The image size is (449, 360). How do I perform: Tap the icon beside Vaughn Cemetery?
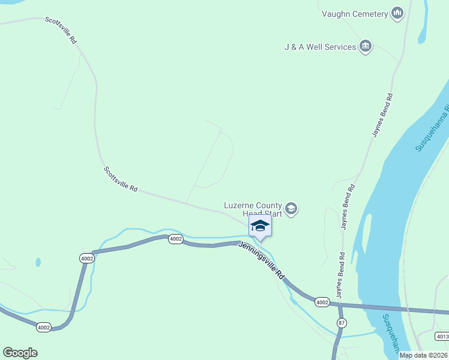397,13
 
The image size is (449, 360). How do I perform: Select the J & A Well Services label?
320,47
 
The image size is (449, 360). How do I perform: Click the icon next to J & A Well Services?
366,46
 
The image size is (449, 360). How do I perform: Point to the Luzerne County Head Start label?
253,209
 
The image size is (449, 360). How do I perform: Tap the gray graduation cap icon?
291,209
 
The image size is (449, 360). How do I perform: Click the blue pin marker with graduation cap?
260,226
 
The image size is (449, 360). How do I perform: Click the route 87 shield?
341,323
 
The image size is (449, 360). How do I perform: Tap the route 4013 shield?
442,336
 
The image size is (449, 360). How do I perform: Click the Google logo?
20,353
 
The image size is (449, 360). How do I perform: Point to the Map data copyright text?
424,355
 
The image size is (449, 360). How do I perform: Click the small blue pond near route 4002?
38,262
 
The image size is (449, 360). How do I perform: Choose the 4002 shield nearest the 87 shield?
322,302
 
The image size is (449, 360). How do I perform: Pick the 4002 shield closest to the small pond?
86,258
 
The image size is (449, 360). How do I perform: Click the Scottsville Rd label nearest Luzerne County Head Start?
121,179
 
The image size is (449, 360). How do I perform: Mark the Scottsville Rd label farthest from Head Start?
61,29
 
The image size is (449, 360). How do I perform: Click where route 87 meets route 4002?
340,305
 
